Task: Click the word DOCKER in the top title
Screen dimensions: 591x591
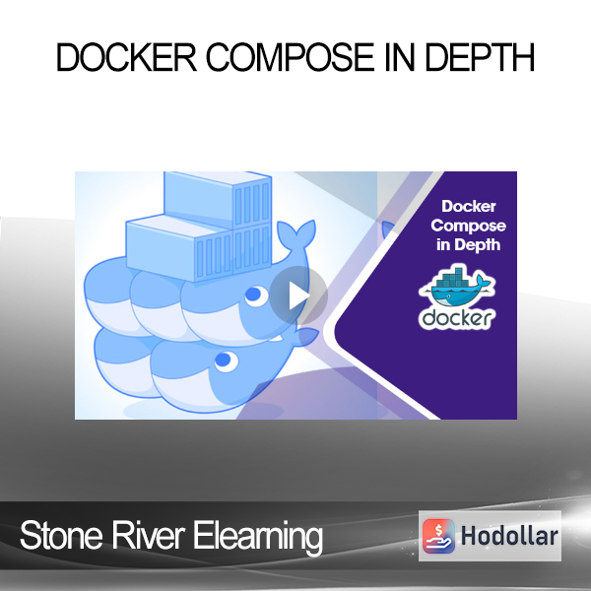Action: pos(126,57)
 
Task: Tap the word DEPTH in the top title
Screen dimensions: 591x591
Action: pos(480,57)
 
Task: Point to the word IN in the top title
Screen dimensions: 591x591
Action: pos(400,57)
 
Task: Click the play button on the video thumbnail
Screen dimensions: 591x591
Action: pos(298,295)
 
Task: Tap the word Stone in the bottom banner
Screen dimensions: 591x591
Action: pos(61,536)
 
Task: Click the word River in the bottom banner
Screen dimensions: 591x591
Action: pos(148,536)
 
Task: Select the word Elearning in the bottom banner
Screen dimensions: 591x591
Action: pos(258,538)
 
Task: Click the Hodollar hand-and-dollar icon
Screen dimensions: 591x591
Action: pos(438,536)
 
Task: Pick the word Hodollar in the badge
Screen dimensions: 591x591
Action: pos(509,536)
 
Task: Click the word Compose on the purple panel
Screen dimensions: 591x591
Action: pos(468,226)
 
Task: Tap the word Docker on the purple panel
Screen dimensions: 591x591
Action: pos(469,206)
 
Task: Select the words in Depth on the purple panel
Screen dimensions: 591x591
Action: pos(469,245)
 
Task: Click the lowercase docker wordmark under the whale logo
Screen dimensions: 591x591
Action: pos(457,318)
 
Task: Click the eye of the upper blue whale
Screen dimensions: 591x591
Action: pos(254,295)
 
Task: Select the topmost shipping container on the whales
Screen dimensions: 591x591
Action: pos(218,200)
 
